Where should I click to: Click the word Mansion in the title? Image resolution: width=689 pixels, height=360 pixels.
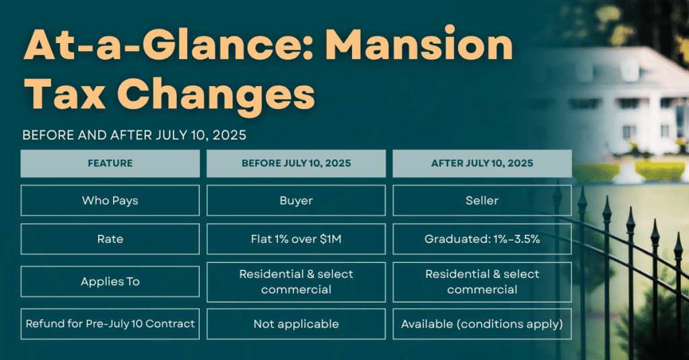pyautogui.click(x=420, y=44)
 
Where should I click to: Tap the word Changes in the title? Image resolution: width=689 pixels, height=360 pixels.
pyautogui.click(x=216, y=96)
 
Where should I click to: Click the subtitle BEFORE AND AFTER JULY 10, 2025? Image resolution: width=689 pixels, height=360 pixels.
pyautogui.click(x=135, y=135)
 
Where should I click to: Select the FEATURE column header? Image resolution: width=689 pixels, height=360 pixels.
pyautogui.click(x=110, y=164)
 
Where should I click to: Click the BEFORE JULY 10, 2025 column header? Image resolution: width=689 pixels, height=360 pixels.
pyautogui.click(x=296, y=164)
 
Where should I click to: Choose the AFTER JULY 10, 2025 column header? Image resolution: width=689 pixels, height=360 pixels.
pyautogui.click(x=482, y=164)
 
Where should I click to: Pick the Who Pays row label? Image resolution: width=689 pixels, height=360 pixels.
pyautogui.click(x=110, y=201)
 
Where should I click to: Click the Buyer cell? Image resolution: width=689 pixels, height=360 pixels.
pyautogui.click(x=296, y=201)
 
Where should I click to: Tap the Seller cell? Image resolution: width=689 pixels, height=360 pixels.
pyautogui.click(x=482, y=201)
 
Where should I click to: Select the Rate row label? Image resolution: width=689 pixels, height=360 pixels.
pyautogui.click(x=110, y=239)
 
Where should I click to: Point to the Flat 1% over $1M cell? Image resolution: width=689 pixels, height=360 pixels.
pyautogui.click(x=296, y=239)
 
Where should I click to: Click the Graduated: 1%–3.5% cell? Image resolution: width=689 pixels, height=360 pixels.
pyautogui.click(x=482, y=239)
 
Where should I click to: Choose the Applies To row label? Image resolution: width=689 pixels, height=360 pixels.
pyautogui.click(x=110, y=281)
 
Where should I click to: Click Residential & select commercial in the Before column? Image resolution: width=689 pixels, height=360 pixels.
pyautogui.click(x=296, y=282)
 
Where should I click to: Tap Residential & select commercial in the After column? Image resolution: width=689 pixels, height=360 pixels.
pyautogui.click(x=482, y=282)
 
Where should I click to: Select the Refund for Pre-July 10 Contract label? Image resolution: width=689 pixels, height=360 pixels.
pyautogui.click(x=110, y=324)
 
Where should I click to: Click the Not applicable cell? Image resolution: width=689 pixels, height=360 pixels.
pyautogui.click(x=296, y=324)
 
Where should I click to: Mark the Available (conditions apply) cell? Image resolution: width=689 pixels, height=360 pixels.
pyautogui.click(x=482, y=324)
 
